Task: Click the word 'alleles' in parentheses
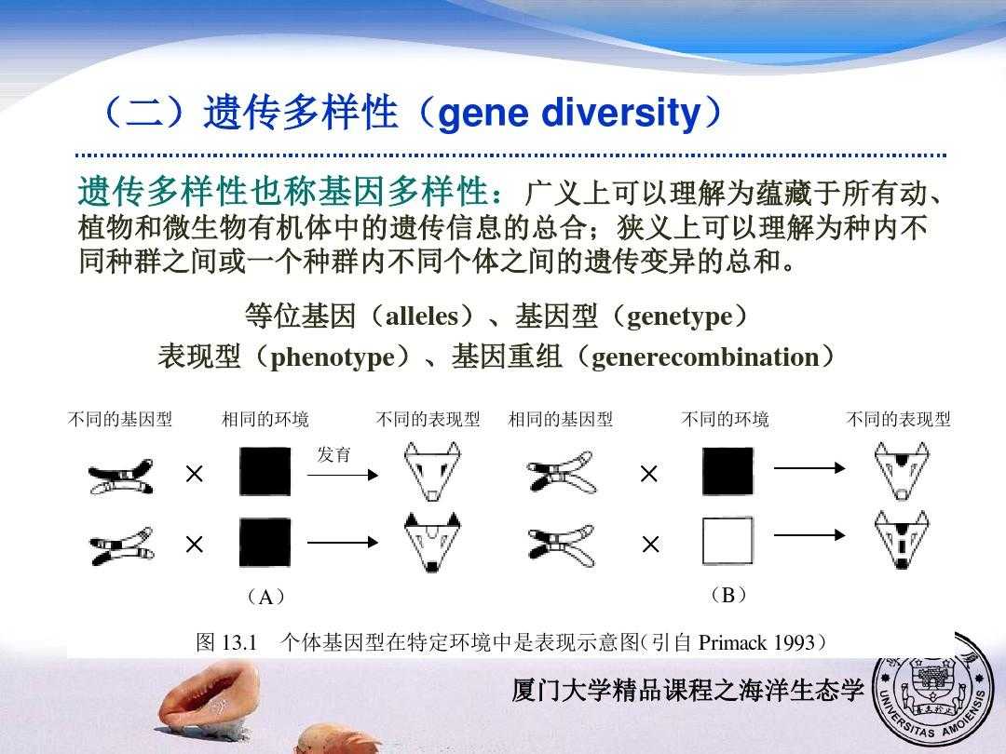[422, 316]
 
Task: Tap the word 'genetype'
[679, 317]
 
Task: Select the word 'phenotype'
[333, 357]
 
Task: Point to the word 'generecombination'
[705, 357]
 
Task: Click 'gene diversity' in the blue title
[569, 113]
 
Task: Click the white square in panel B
[727, 541]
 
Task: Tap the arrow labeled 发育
[343, 475]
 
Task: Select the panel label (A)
[265, 597]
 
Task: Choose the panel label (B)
[728, 595]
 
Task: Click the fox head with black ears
[432, 541]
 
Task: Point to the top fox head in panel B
[902, 471]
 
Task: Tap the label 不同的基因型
[120, 419]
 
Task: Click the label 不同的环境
[725, 419]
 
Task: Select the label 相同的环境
[265, 419]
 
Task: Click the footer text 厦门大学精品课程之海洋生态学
[687, 691]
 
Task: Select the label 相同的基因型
[561, 419]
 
